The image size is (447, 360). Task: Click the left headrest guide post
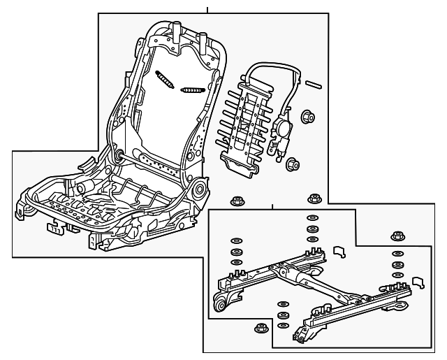point(177,34)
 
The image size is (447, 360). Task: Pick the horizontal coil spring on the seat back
point(191,89)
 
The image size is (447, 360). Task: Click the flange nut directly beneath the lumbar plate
point(236,199)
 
